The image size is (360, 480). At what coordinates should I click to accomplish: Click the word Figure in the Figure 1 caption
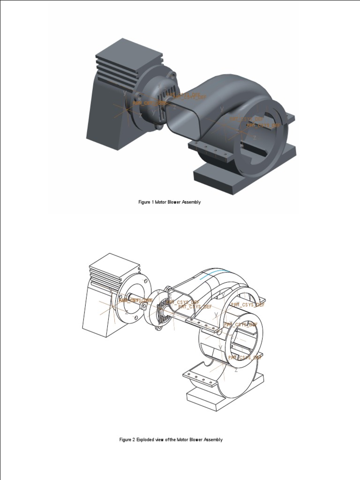click(144, 202)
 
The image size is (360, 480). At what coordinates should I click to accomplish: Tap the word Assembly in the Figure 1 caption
click(192, 202)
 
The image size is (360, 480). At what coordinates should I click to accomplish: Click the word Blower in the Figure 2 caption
click(196, 440)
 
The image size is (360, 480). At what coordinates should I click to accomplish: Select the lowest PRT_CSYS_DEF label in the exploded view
click(245, 358)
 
